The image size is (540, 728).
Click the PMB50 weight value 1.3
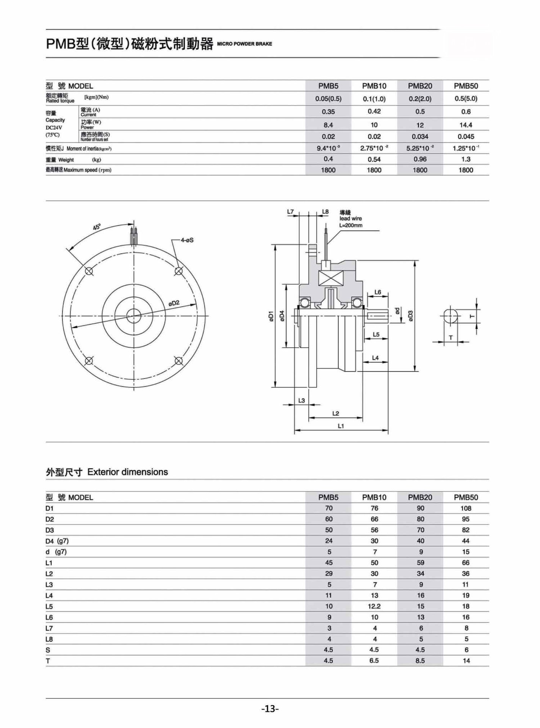[x=466, y=159]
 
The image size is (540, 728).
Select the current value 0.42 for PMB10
[x=374, y=111]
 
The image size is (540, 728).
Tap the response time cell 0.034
[x=420, y=136]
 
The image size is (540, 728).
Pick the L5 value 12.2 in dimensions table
[x=374, y=606]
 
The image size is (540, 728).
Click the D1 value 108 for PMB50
[x=466, y=508]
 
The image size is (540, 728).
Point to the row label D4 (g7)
[x=57, y=541]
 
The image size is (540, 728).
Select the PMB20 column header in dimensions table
[x=420, y=497]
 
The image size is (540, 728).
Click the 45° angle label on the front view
[x=97, y=227]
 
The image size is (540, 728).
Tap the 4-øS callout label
[x=187, y=240]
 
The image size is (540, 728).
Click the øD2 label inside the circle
[x=174, y=303]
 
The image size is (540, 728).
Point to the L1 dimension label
[x=341, y=426]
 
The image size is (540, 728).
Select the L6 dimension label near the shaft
[x=378, y=292]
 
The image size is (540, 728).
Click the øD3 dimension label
[x=410, y=316]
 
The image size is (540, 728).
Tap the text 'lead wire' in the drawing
[x=351, y=218]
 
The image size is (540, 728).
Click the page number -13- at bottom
[x=270, y=708]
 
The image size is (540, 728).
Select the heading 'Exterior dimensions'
[x=127, y=472]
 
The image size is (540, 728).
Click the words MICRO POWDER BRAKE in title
[x=244, y=44]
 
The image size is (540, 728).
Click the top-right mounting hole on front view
[x=179, y=271]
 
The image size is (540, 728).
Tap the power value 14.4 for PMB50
[x=466, y=125]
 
